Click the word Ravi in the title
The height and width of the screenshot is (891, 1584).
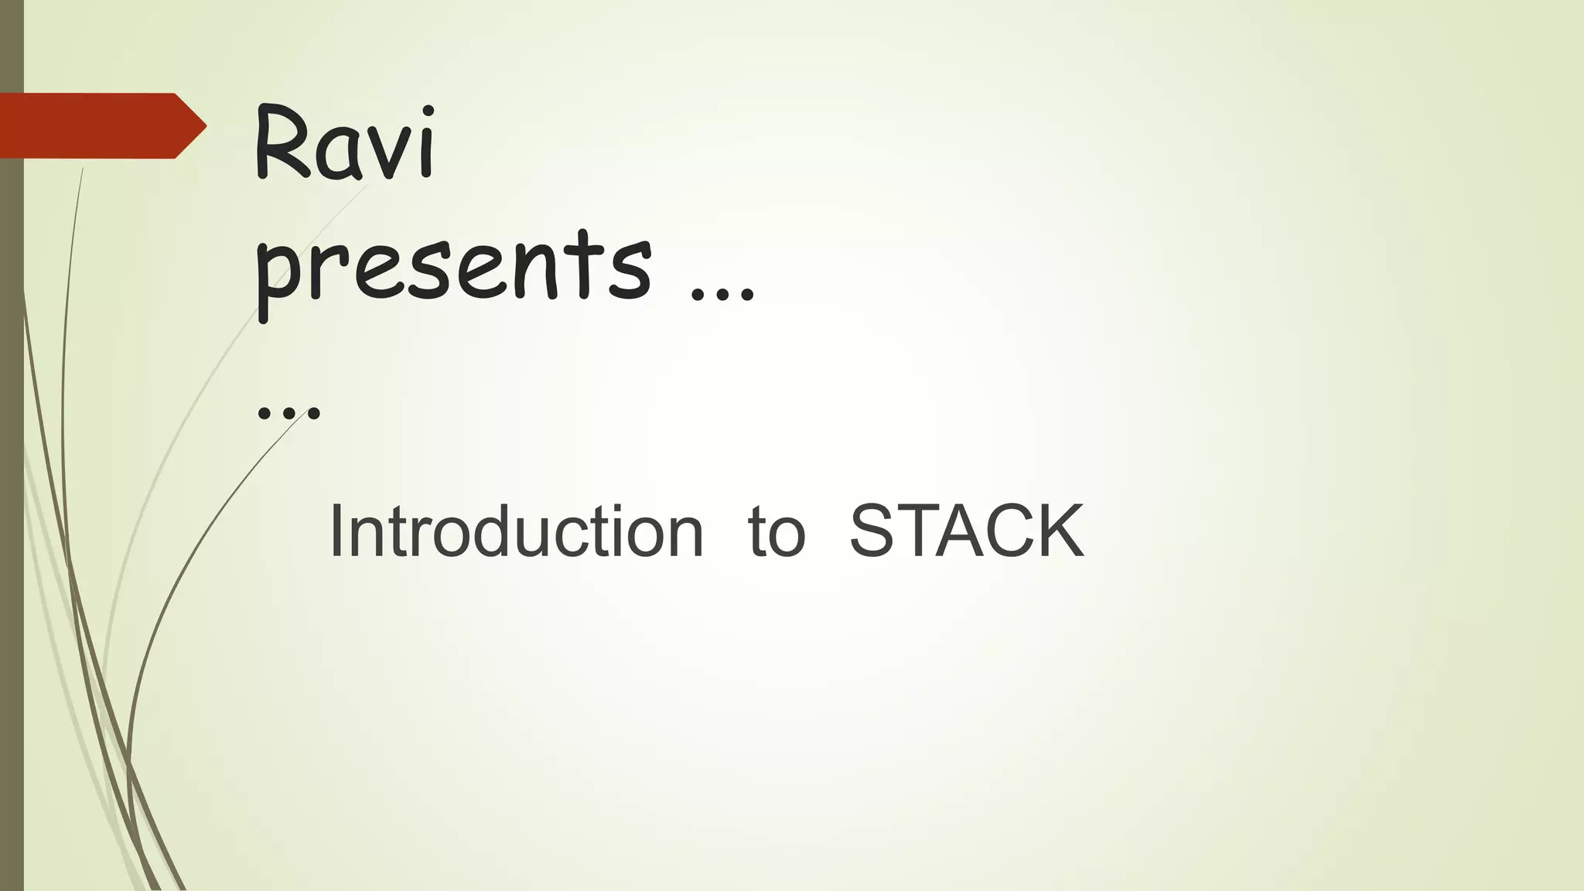tap(345, 144)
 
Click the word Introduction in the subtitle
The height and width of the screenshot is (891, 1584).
tap(516, 531)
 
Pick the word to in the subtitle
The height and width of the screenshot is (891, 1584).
tap(776, 531)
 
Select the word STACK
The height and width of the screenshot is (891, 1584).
tap(966, 531)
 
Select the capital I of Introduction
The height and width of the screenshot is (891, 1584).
tap(336, 531)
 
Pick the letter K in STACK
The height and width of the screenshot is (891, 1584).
tap(1059, 531)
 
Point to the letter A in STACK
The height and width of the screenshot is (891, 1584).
tap(953, 531)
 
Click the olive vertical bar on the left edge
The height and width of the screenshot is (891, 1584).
tap(12, 541)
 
